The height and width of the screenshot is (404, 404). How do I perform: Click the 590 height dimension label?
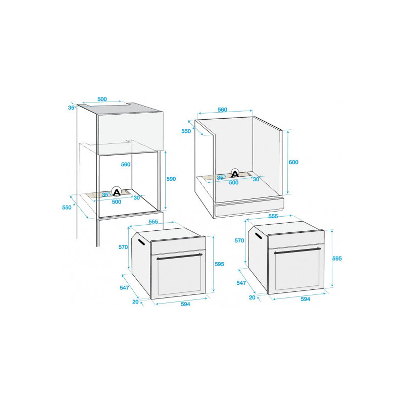(171, 179)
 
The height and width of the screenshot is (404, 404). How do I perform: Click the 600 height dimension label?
(293, 162)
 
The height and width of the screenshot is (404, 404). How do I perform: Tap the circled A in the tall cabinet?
(117, 192)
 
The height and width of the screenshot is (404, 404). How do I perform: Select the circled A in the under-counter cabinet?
(235, 174)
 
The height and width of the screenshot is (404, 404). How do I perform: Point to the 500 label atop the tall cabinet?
(102, 99)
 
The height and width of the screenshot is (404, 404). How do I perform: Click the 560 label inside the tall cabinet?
(125, 165)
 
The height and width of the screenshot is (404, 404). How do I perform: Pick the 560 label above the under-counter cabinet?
(222, 110)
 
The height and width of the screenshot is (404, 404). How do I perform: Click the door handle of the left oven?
(180, 257)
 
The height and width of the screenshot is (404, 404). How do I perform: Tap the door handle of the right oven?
(297, 250)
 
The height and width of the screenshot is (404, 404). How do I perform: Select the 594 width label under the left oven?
(185, 304)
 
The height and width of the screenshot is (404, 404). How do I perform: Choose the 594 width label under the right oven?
(306, 299)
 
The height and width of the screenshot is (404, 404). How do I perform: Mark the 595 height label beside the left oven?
(219, 264)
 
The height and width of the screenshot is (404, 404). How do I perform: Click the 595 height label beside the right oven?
(337, 259)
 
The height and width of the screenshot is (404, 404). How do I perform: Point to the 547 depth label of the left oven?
(124, 287)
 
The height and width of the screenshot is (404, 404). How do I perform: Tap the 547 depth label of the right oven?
(241, 283)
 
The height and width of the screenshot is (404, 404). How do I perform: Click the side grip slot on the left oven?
(142, 242)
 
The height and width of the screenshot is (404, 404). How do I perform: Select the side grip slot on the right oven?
(259, 236)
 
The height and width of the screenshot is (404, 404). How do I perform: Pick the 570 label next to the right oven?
(239, 240)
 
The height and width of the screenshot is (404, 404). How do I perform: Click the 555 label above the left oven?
(153, 222)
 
